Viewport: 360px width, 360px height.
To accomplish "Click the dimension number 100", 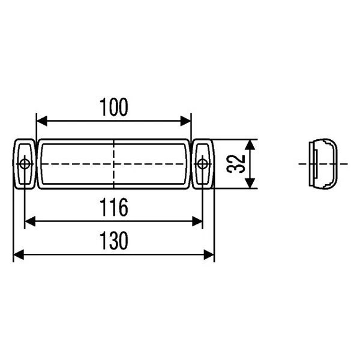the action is point(114,107).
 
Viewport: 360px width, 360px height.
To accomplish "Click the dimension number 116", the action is point(114,208).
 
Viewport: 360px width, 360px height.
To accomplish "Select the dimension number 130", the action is point(114,241).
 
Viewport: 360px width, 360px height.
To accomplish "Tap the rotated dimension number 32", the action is point(236,164).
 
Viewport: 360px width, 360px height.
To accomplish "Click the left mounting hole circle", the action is point(25,164).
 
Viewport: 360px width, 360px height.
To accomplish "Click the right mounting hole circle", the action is point(202,164).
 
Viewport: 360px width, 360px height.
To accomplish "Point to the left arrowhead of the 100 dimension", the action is point(42,121).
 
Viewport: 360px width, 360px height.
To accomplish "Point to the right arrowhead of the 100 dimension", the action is point(185,121).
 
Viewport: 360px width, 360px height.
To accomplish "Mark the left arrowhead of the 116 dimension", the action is point(30,221).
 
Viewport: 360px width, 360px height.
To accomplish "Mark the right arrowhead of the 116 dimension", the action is point(197,221).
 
